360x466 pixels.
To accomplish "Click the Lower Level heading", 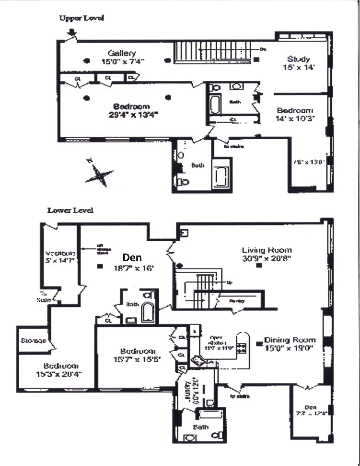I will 70,210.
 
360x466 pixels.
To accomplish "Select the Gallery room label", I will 122,53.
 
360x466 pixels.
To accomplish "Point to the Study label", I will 298,59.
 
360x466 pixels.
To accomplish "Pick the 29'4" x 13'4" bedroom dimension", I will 132,114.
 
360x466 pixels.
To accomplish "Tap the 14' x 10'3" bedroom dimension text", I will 296,118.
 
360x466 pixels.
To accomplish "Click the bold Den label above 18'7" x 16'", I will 132,258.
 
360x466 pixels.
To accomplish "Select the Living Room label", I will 267,250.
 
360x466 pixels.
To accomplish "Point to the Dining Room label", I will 290,340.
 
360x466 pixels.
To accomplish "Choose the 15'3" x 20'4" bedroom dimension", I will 61,374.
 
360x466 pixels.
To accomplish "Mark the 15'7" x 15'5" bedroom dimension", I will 137,359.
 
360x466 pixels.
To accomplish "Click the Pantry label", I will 237,301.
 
